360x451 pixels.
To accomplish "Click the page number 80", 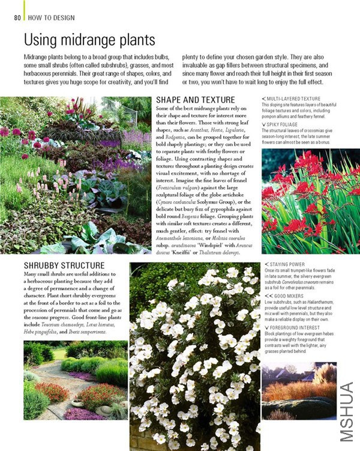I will pos(17,17).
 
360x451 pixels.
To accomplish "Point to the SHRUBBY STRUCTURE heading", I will pos(64,265).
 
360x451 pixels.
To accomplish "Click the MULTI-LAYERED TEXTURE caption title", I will pos(293,98).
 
